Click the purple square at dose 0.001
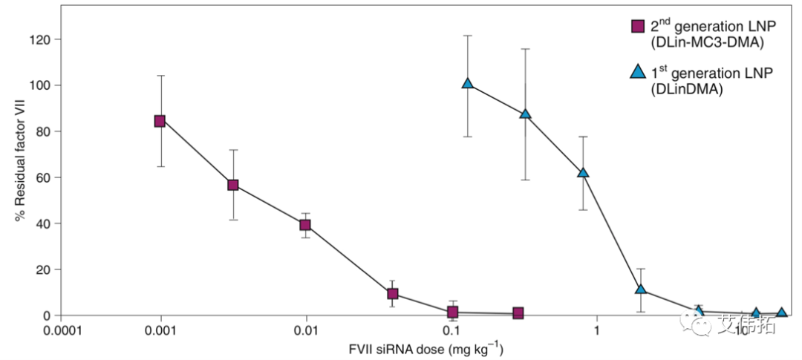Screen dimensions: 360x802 160,121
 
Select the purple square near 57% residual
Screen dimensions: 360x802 232,185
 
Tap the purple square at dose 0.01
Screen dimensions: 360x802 304,225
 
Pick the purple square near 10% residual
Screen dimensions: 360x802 393,294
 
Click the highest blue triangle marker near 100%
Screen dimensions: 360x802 468,84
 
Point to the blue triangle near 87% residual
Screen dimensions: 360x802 526,114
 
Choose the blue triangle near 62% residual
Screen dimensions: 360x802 583,173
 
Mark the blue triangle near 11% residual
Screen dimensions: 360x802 641,289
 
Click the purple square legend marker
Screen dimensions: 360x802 637,27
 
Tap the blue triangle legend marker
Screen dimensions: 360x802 637,72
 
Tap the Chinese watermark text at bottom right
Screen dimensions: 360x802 746,324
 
